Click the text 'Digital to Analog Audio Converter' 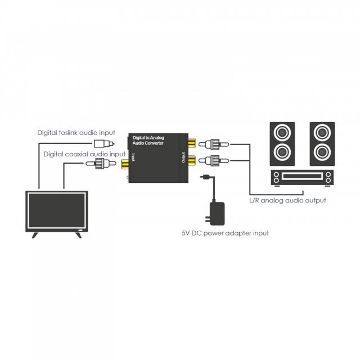(148, 139)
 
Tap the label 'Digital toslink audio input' (76, 133)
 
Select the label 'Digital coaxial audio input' (85, 154)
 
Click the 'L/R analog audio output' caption (287, 200)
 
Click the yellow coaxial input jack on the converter (125, 164)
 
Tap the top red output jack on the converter (192, 143)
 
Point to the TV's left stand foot (35, 234)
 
